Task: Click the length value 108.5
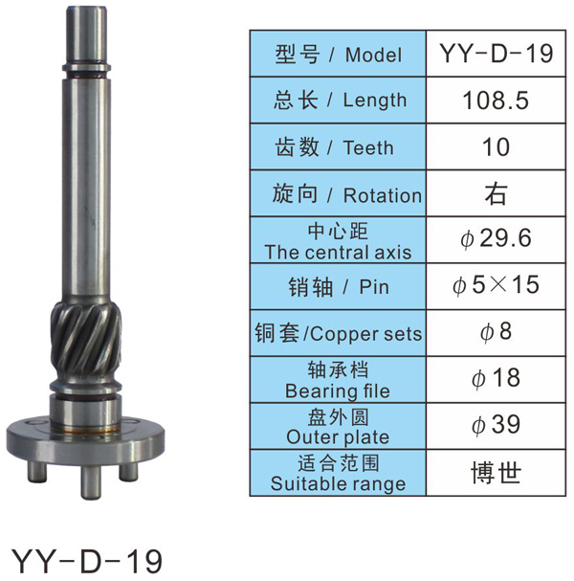(x=496, y=101)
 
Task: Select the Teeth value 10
(x=496, y=147)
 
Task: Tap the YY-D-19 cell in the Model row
(x=497, y=54)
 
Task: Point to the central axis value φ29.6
(x=496, y=238)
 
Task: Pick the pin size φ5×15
(x=496, y=285)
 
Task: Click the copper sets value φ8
(x=496, y=331)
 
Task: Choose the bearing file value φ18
(x=496, y=378)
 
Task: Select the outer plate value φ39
(x=496, y=425)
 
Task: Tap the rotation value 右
(x=496, y=193)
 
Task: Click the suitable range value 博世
(x=496, y=473)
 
